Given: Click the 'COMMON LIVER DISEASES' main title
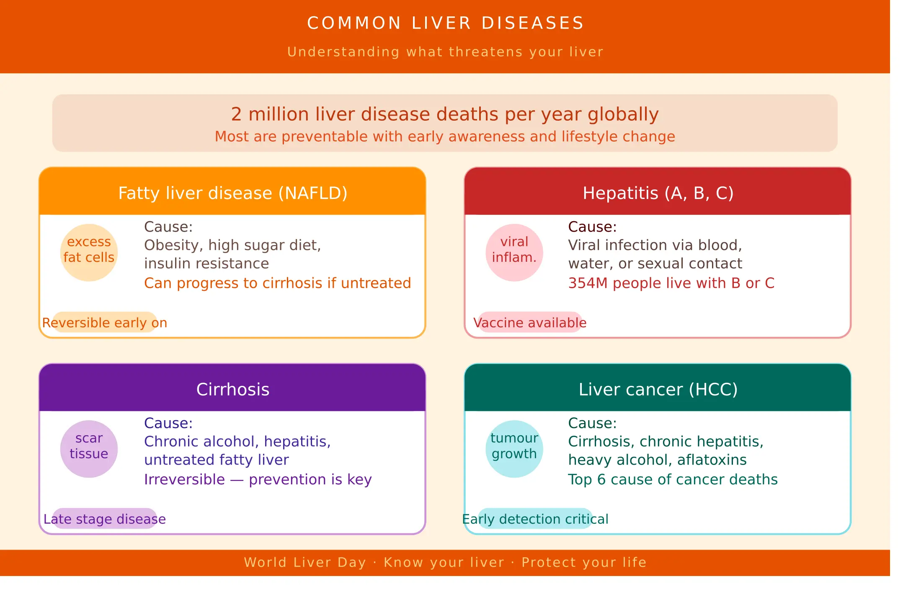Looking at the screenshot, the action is point(446,23).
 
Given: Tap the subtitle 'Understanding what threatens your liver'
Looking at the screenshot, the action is point(446,52).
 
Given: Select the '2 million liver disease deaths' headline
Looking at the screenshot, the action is point(445,114).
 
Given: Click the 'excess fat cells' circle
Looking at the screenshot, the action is point(89,253).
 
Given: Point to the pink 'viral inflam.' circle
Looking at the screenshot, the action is point(514,253).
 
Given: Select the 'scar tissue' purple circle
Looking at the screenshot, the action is point(89,449).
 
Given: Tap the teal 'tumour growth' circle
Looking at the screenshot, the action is point(514,449).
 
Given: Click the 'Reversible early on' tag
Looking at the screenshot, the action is point(105,322).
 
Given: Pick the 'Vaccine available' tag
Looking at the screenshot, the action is point(530,322).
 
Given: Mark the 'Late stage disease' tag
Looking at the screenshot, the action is point(105,519).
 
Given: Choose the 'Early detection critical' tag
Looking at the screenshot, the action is point(535,519).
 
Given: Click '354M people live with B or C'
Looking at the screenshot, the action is point(671,283).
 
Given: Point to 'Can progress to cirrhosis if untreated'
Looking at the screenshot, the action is point(277,283).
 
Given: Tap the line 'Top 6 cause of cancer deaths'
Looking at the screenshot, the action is point(673,479).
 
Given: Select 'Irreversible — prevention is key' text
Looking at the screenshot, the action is point(258,479).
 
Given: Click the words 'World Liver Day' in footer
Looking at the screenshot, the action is point(305,562).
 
